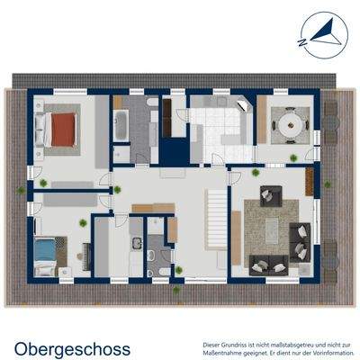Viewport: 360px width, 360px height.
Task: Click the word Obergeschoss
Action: (x=72, y=347)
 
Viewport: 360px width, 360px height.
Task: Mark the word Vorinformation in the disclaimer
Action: (x=320, y=351)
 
